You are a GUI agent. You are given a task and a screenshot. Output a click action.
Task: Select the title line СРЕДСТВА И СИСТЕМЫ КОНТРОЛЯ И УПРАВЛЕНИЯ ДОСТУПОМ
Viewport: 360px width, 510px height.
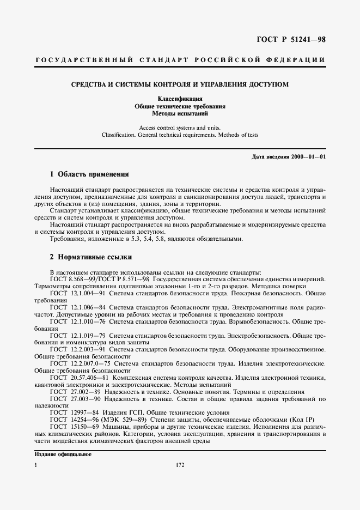(180, 84)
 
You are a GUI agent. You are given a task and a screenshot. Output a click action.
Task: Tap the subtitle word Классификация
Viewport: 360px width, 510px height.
(180, 99)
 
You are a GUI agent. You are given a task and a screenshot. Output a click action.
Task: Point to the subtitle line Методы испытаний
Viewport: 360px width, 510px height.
(180, 114)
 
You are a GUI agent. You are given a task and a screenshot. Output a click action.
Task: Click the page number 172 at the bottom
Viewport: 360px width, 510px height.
(181, 465)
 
